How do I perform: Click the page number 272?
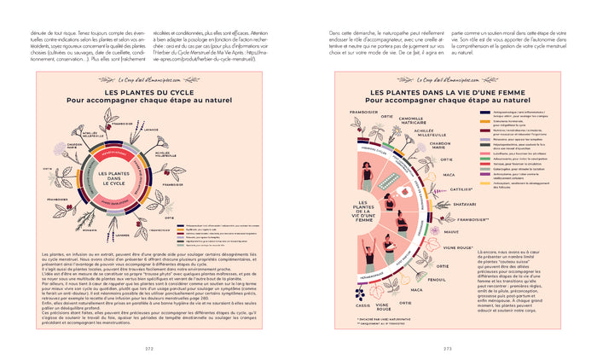pos(148,348)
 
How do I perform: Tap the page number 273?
pos(448,348)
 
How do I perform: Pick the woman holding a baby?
pos(391,253)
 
